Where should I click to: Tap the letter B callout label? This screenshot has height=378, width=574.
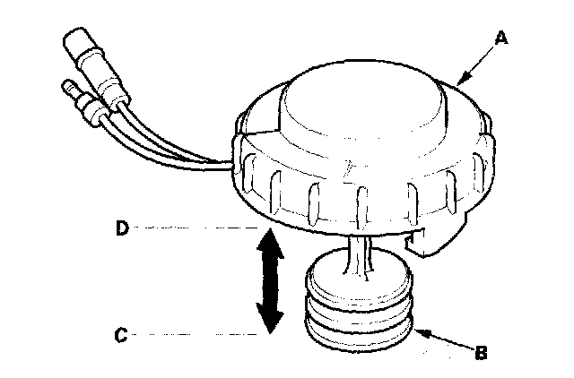tap(480, 353)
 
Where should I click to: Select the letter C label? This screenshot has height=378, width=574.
tap(120, 337)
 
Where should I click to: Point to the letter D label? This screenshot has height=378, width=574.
tap(120, 228)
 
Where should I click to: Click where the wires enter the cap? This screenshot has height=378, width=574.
tap(232, 163)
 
